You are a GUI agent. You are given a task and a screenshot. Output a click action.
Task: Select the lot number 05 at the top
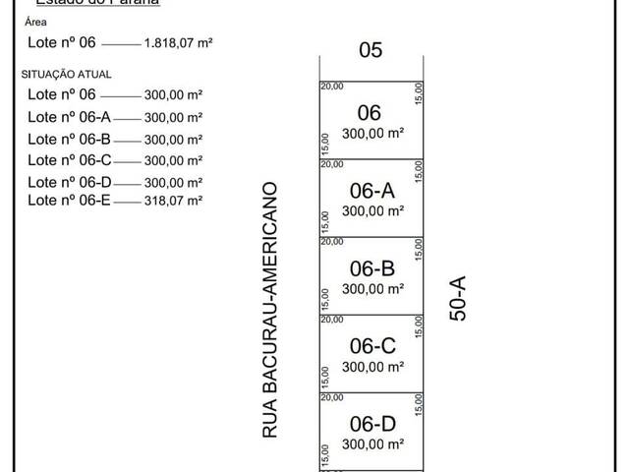tap(371, 50)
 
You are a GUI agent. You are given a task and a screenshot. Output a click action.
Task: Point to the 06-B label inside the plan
tap(372, 268)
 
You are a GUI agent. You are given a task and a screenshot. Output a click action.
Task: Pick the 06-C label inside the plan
tap(372, 346)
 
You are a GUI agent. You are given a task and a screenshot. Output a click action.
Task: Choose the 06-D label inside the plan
tap(372, 424)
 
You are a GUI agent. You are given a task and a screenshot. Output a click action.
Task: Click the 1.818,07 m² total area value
tap(179, 43)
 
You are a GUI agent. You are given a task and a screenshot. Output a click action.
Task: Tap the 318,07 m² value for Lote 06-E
tap(173, 200)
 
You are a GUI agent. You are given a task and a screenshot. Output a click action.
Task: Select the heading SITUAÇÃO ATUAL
tap(66, 74)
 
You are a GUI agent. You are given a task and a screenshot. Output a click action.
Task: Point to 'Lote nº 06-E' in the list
tap(70, 200)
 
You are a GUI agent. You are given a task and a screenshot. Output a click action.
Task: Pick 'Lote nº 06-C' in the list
tap(70, 160)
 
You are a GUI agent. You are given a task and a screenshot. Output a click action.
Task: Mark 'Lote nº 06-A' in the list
tap(70, 117)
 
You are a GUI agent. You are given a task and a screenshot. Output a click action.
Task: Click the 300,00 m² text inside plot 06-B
tap(372, 289)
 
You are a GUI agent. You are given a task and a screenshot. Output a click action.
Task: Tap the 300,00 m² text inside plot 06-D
tap(372, 444)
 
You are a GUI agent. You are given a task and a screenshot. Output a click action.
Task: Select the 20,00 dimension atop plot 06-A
tap(332, 163)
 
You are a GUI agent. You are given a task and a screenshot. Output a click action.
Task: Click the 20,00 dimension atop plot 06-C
tap(332, 319)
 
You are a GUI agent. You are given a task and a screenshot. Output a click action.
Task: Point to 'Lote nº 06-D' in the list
tap(70, 182)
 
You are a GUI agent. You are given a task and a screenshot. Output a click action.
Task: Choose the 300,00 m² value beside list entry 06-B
tap(173, 139)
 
